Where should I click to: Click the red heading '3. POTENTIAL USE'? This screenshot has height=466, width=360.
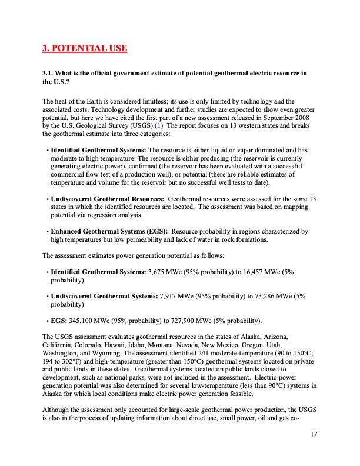tap(85, 48)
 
